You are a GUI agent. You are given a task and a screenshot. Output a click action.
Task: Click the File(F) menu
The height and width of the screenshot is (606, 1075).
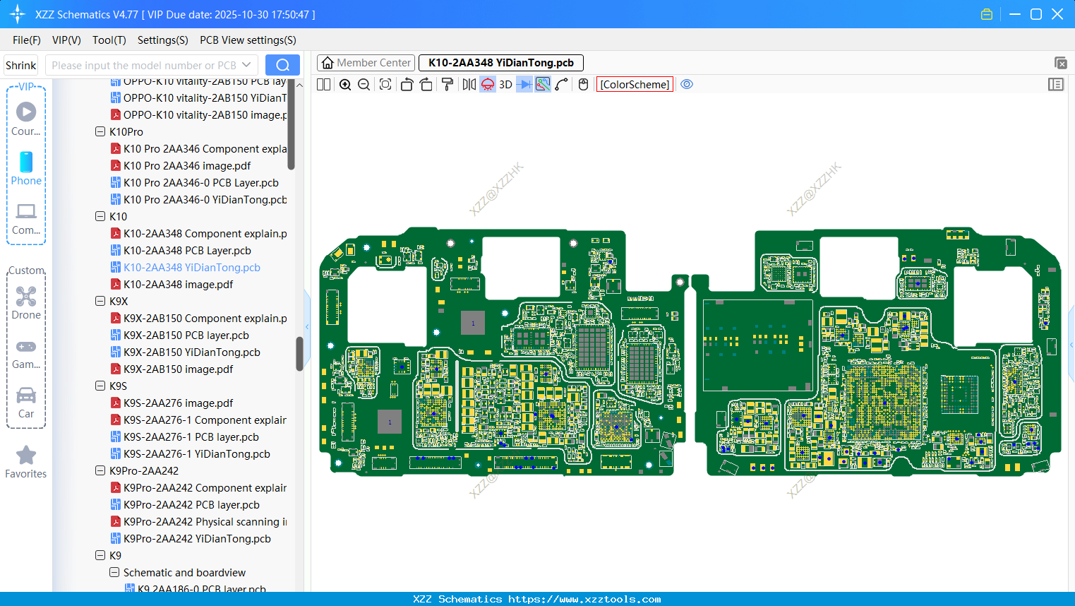pos(26,40)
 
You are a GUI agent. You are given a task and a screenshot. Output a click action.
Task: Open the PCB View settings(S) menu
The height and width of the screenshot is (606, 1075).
pos(248,40)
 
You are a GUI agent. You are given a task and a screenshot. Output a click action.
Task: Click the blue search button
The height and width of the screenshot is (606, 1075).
pos(282,65)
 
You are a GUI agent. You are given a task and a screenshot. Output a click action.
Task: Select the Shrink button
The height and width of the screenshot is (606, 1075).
pos(20,65)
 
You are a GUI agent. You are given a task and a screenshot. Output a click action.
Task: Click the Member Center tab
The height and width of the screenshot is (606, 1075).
pos(366,63)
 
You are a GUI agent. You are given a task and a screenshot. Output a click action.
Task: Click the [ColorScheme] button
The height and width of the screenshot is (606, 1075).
pos(635,85)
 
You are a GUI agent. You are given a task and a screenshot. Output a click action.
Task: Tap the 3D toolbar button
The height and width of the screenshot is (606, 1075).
pos(505,85)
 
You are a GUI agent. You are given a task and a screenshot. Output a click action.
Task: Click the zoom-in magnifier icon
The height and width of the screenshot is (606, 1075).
pos(345,85)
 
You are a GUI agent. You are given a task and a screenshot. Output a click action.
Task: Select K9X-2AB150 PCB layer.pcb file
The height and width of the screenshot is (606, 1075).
pos(186,335)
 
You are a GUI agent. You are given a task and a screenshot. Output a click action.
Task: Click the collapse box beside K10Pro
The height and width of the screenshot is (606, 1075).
pos(100,132)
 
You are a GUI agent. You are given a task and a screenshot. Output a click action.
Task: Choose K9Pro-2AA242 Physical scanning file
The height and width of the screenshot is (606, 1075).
pos(205,522)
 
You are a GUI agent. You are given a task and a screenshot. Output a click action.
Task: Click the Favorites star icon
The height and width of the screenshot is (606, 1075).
pos(26,456)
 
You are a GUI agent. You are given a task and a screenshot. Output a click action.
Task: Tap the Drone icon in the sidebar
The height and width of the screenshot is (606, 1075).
pos(26,297)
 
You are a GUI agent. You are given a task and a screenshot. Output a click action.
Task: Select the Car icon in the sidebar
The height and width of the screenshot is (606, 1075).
pos(26,396)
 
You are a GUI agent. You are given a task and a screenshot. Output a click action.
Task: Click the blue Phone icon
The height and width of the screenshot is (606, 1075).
pos(26,162)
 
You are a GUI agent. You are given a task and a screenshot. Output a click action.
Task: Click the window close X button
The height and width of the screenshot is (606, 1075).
pos(1057,14)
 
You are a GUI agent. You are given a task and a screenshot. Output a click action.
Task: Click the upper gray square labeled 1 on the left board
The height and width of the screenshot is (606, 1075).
pos(473,323)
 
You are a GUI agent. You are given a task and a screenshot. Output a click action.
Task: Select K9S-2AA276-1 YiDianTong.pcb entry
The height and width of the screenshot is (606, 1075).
pos(196,454)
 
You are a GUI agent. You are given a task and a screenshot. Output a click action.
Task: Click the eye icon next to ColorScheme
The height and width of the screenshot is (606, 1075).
pos(687,85)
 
